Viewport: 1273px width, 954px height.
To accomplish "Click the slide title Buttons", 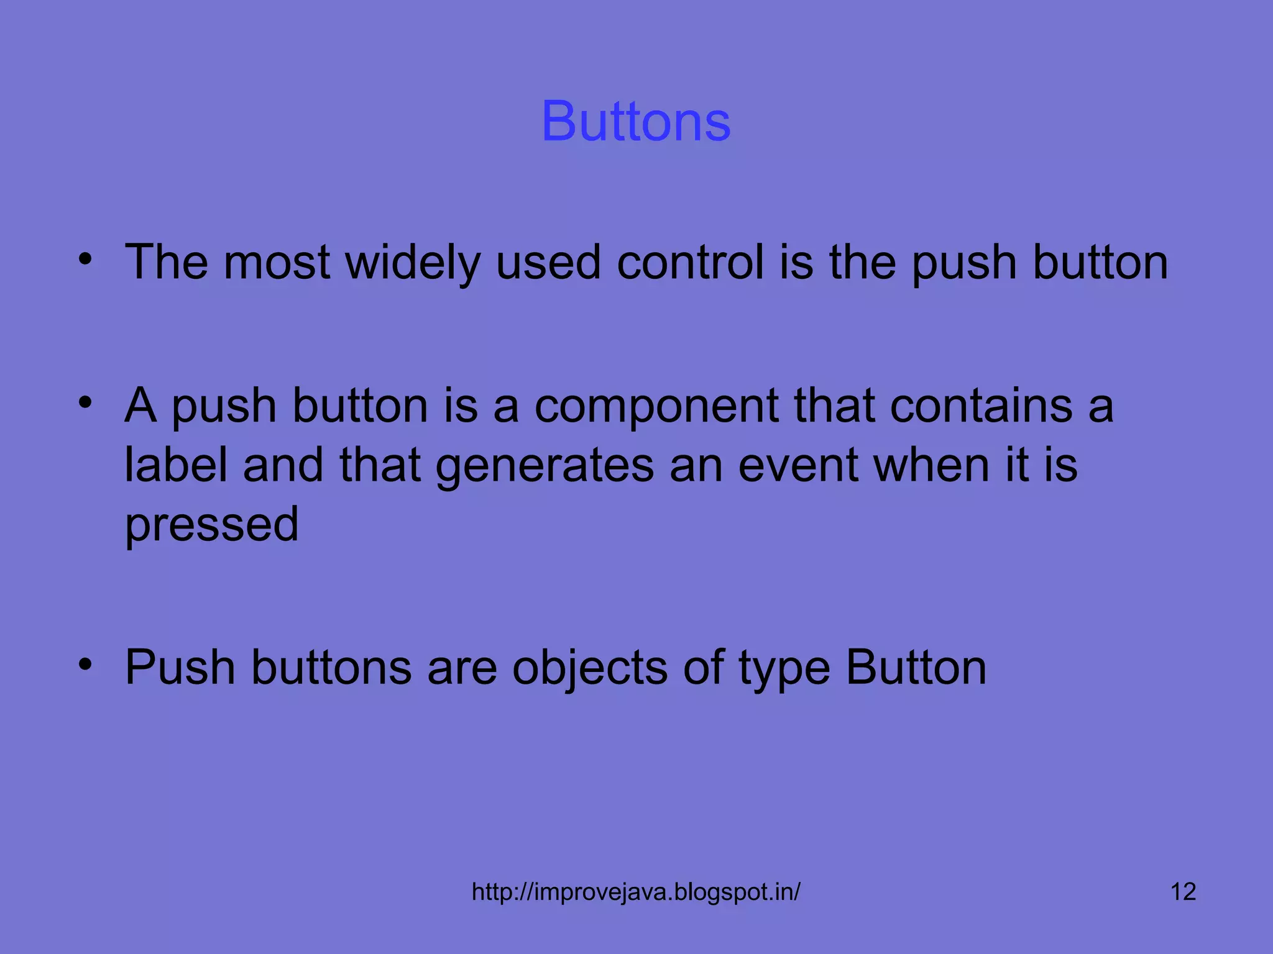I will point(636,121).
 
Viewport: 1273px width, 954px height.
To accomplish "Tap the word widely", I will point(413,263).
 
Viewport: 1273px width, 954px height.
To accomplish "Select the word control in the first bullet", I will point(690,263).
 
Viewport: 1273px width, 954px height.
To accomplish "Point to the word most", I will point(277,263).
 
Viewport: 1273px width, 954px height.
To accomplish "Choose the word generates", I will point(545,466).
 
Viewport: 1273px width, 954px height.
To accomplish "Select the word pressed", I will point(212,525).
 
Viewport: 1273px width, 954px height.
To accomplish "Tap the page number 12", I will point(1183,892).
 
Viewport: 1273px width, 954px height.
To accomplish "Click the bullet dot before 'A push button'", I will point(85,402).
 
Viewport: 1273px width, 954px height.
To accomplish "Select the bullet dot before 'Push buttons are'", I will point(85,665).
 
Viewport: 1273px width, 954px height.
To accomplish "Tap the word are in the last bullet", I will point(462,668).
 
